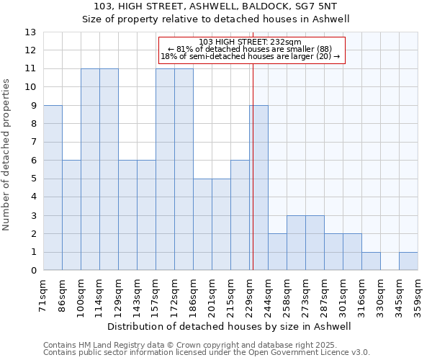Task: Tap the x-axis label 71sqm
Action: pyautogui.click(x=44, y=291)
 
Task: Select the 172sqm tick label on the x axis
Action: pyautogui.click(x=175, y=293)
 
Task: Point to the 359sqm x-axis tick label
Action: pyautogui.click(x=418, y=293)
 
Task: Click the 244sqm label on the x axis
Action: pyautogui.click(x=269, y=293)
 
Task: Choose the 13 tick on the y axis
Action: pyautogui.click(x=30, y=32)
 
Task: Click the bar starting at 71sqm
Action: pyautogui.click(x=53, y=188)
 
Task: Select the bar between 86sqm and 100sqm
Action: pyautogui.click(x=71, y=215)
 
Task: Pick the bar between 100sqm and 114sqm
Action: pyautogui.click(x=90, y=169)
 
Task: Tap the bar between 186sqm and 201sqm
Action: pyautogui.click(x=202, y=225)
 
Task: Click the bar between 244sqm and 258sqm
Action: pyautogui.click(x=277, y=252)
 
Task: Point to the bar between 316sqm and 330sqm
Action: pyautogui.click(x=371, y=261)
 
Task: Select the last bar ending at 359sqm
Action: pyautogui.click(x=408, y=261)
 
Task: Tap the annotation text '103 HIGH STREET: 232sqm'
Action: pyautogui.click(x=251, y=42)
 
